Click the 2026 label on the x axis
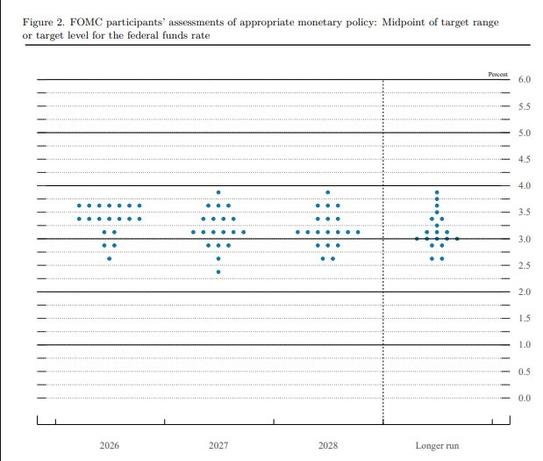tap(109, 446)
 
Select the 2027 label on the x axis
tap(218, 446)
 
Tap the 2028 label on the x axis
tap(327, 446)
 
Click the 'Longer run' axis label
tap(437, 446)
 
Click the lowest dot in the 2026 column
tap(109, 259)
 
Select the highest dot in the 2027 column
tap(218, 192)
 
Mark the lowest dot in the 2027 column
tap(218, 272)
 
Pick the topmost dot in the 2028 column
tap(327, 192)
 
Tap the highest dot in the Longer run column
tap(437, 192)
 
